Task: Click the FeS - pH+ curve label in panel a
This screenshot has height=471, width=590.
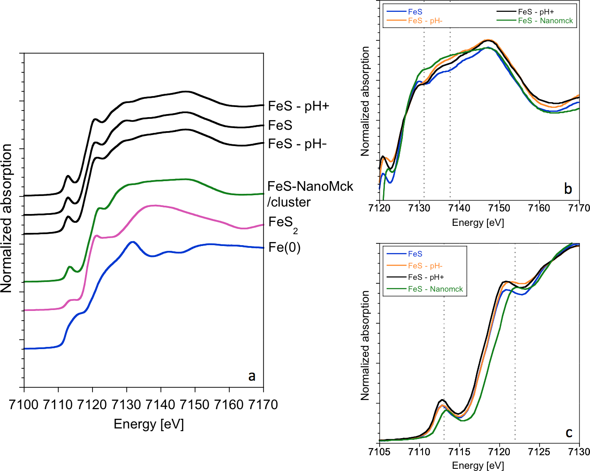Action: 299,106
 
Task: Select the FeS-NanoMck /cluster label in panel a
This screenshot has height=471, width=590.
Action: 310,194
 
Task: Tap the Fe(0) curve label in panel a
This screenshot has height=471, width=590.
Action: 284,248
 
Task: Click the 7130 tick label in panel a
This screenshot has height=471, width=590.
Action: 126,404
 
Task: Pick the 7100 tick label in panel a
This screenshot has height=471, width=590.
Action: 24,404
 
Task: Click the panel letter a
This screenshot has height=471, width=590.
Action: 252,376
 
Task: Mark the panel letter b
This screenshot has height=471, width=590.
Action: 568,189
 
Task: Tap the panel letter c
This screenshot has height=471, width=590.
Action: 569,433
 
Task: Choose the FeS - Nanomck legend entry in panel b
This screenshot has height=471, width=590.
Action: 545,21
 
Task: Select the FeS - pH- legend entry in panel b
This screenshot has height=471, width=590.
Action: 425,21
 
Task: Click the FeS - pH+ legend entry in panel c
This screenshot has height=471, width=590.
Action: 426,277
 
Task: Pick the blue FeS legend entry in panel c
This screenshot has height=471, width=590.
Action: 415,254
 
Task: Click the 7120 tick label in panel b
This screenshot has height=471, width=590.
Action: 380,208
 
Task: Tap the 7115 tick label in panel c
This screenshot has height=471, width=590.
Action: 459,452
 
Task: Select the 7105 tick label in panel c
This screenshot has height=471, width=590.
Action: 380,452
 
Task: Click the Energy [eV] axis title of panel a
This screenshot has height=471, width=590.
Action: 149,424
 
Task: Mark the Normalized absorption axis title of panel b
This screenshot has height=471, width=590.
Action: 365,101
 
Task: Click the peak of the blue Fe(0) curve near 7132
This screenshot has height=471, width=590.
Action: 133,242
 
